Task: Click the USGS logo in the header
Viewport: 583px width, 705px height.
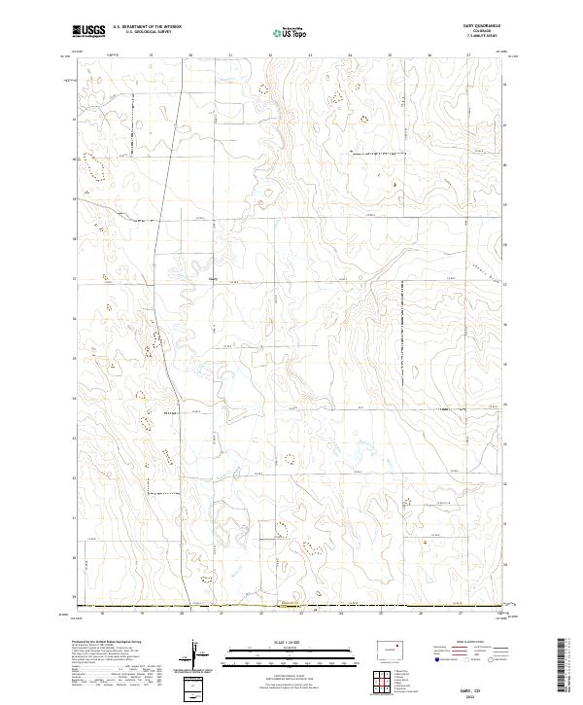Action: (x=88, y=31)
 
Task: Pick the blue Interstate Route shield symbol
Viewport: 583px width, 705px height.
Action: (x=436, y=658)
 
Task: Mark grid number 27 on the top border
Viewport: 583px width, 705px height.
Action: (x=468, y=56)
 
